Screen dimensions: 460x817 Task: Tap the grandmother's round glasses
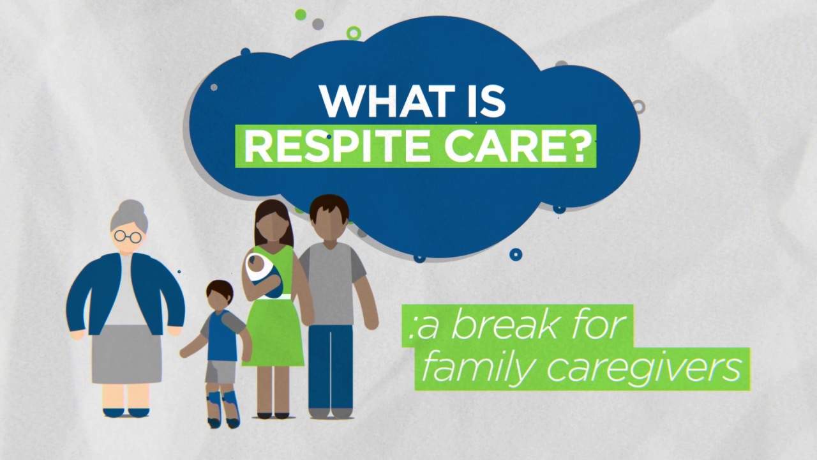128,236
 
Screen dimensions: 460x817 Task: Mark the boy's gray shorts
220,371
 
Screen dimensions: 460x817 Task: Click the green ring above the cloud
353,33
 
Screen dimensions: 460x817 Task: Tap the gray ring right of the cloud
638,107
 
